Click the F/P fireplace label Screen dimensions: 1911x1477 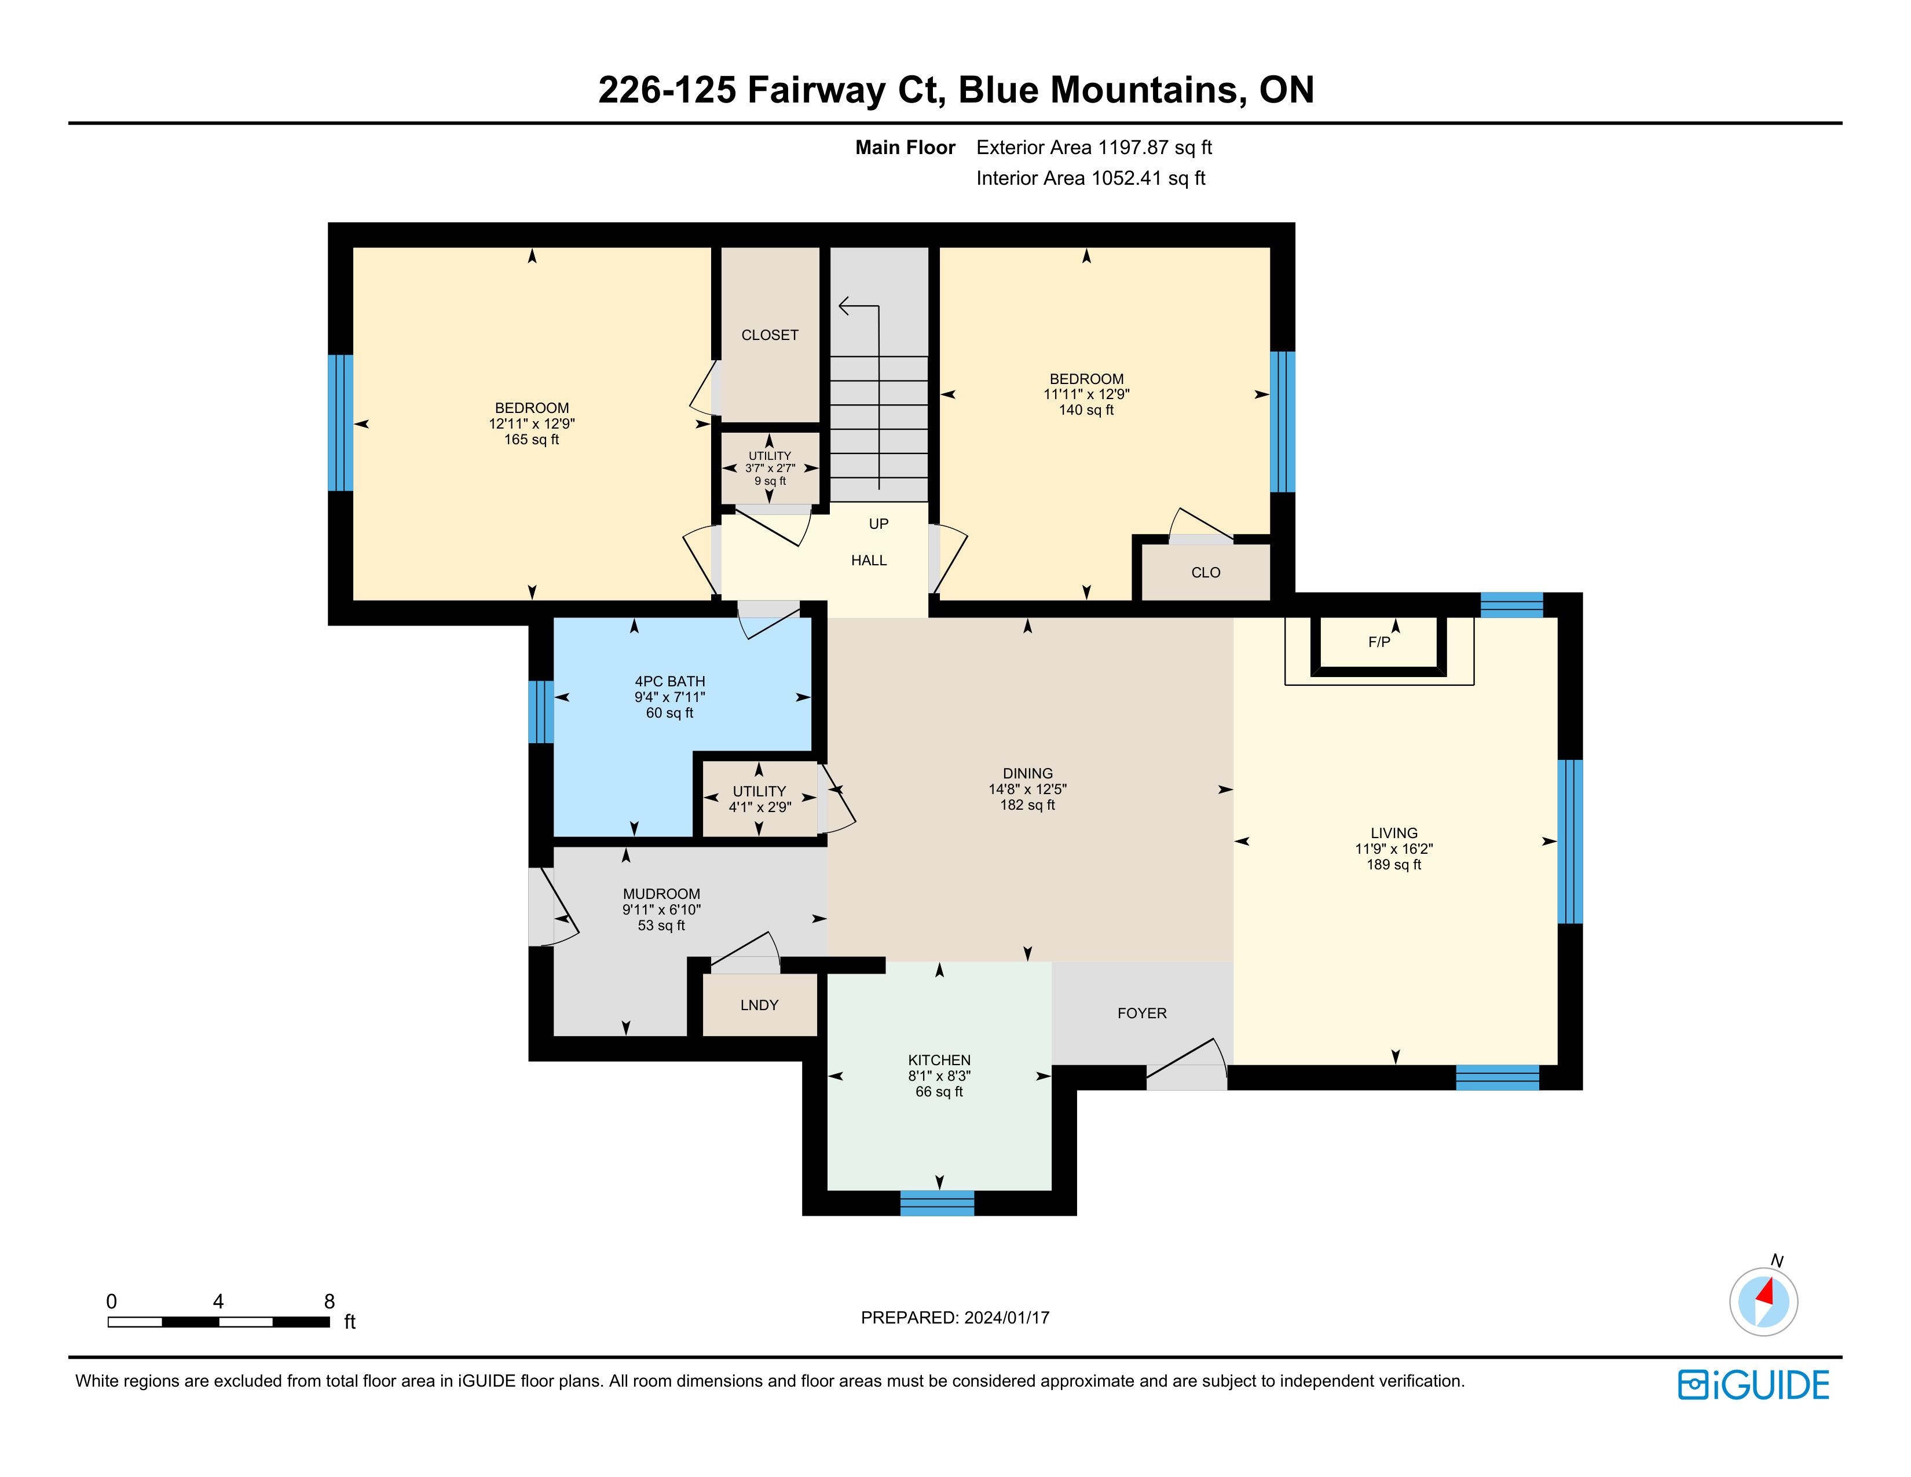click(1379, 642)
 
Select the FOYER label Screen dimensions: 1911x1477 click(1142, 1013)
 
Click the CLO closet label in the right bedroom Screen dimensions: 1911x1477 click(1206, 572)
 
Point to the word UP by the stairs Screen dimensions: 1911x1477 click(878, 524)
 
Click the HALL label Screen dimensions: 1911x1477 click(869, 561)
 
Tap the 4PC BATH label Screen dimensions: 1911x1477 click(670, 682)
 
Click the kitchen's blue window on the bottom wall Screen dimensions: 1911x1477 click(937, 1203)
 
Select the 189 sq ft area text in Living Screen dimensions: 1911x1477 click(1394, 865)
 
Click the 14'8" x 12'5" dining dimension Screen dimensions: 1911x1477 click(1028, 789)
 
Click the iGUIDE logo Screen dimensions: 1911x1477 click(1753, 1385)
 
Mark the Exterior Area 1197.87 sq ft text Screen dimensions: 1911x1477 click(1094, 148)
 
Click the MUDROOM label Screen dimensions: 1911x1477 click(661, 894)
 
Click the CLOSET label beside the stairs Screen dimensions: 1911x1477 click(770, 335)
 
